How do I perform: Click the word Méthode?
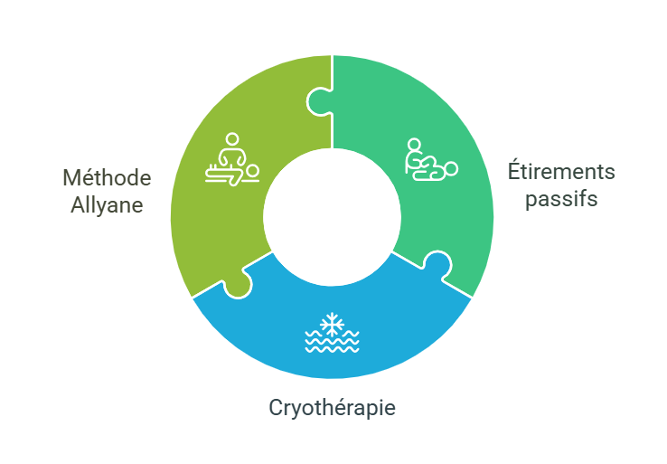[x=107, y=177]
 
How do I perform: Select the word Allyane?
[x=107, y=205]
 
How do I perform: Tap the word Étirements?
[x=561, y=171]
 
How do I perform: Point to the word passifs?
[x=561, y=199]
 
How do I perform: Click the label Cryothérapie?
[x=333, y=407]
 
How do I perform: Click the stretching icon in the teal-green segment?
[x=431, y=159]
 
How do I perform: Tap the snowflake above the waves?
[x=332, y=325]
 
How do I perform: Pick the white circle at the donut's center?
[x=333, y=217]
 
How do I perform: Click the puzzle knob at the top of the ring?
[x=319, y=101]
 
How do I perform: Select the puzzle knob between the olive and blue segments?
[x=239, y=284]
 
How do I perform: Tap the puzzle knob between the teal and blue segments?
[x=437, y=265]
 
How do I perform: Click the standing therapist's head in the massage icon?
[x=232, y=139]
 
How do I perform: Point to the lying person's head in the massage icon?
[x=253, y=171]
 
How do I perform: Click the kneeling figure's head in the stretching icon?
[x=414, y=145]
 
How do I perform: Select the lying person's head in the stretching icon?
[x=451, y=168]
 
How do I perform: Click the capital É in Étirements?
[x=514, y=170]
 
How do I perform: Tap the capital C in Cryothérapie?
[x=276, y=407]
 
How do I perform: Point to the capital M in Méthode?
[x=72, y=178]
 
